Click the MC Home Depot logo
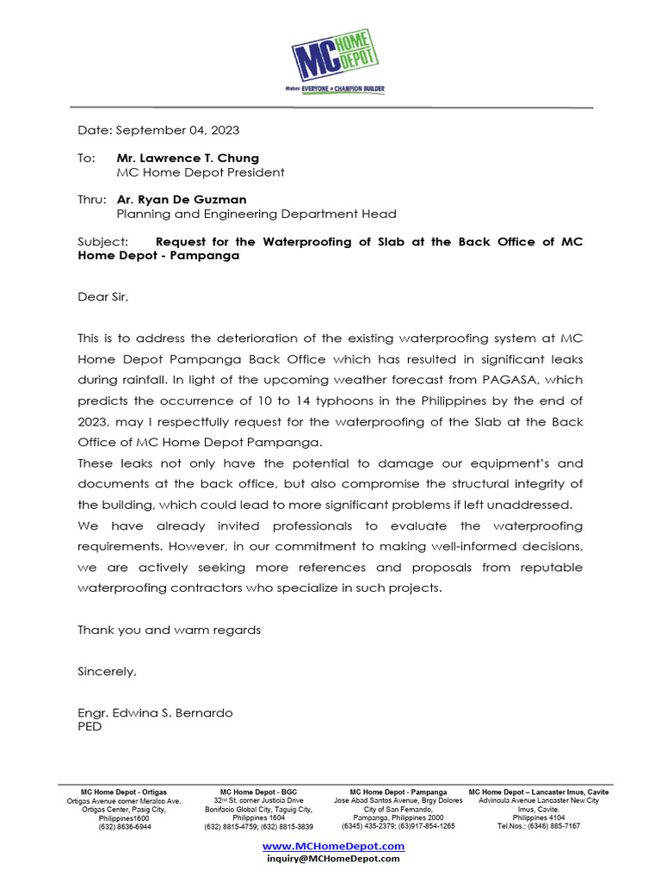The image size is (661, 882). (x=334, y=54)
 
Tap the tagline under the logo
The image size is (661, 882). (x=335, y=89)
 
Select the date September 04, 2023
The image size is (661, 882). (x=177, y=131)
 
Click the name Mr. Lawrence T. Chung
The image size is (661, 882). (x=188, y=158)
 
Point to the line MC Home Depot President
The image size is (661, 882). (x=200, y=172)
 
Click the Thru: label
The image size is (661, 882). (x=92, y=200)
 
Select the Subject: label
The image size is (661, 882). (x=102, y=242)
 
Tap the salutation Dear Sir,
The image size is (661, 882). (x=102, y=297)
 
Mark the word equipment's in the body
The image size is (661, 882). (x=496, y=463)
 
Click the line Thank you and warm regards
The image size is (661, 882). (x=169, y=630)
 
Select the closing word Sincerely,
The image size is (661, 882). (x=107, y=671)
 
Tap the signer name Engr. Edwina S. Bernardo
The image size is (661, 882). (x=155, y=713)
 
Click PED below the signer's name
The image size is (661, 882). (x=90, y=727)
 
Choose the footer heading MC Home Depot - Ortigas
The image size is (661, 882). (x=124, y=792)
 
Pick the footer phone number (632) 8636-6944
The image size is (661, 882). (x=124, y=826)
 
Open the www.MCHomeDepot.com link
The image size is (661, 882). (x=333, y=846)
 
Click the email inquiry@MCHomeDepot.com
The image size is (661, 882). (x=333, y=859)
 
